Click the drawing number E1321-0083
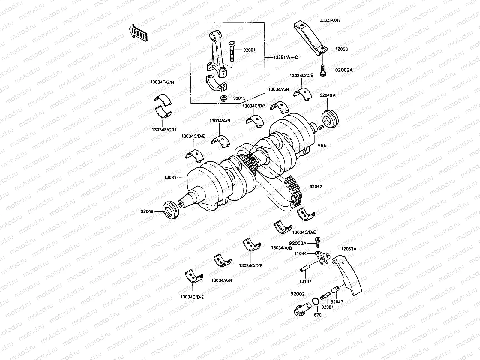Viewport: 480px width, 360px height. tap(330, 20)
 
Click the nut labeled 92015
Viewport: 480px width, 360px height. tap(223, 98)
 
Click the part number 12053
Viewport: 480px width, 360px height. tap(341, 49)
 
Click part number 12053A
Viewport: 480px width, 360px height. tap(349, 249)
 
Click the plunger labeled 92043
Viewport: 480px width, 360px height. tap(335, 290)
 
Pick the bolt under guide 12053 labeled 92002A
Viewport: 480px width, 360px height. tap(323, 71)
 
